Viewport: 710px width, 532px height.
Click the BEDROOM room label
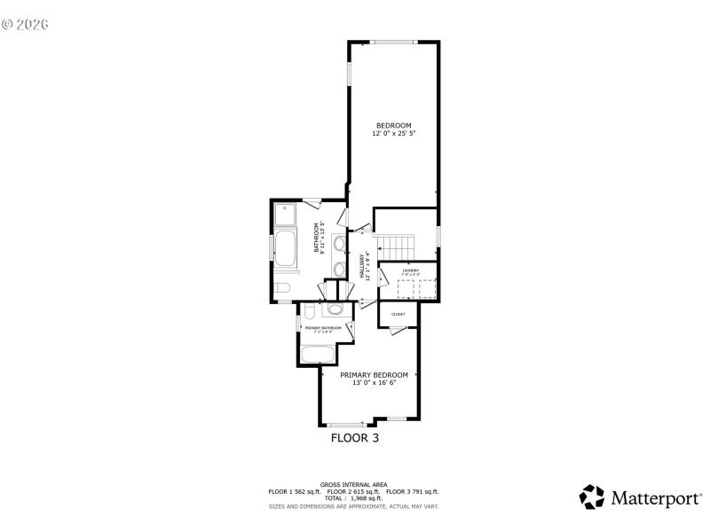(x=393, y=125)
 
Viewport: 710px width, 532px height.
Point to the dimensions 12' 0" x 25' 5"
(x=393, y=133)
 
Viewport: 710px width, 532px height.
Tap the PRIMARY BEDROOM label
(x=374, y=375)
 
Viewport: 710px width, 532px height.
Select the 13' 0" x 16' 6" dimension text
(x=374, y=383)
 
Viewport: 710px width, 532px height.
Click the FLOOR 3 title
(x=355, y=437)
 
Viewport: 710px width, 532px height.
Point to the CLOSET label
(x=398, y=314)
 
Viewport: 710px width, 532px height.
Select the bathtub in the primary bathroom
(x=317, y=355)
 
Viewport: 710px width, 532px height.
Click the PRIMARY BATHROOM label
(x=323, y=328)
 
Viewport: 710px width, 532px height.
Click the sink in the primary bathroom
(x=335, y=309)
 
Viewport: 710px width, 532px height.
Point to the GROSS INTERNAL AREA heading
(x=354, y=484)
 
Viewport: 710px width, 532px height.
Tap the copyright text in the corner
(x=25, y=24)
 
